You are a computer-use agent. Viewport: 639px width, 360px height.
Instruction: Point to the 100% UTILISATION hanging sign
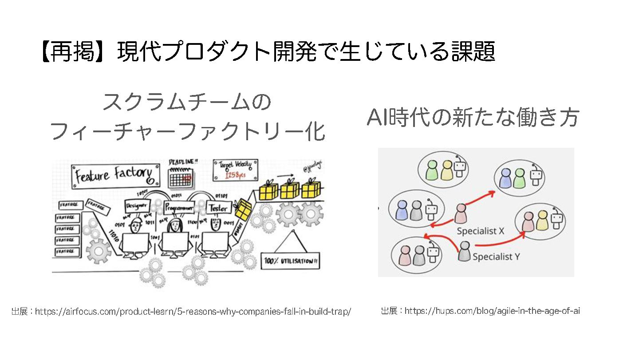tap(292, 261)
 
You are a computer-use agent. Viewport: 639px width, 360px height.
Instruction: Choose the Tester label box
tap(218, 208)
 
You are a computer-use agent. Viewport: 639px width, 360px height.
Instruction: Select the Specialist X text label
tap(481, 231)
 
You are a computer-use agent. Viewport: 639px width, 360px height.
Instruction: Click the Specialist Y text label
tap(496, 257)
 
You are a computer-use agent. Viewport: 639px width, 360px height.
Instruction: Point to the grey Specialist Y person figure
tap(464, 251)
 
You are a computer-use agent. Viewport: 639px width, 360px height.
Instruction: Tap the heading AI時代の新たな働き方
tap(473, 118)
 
